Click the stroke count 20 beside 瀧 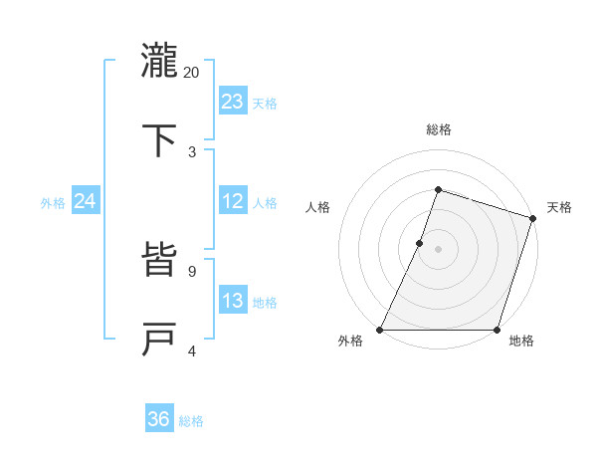[x=192, y=73]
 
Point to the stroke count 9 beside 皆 [x=192, y=271]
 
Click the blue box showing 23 [x=233, y=101]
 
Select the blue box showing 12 [x=233, y=201]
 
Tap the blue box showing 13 [x=233, y=301]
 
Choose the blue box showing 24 [x=86, y=201]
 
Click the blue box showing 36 [x=159, y=419]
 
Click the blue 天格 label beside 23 [x=265, y=104]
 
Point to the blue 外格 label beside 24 [x=53, y=203]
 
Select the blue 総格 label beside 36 [x=191, y=421]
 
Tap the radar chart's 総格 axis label [x=439, y=130]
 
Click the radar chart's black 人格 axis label [x=318, y=207]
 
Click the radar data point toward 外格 [x=380, y=330]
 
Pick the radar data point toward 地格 [x=497, y=330]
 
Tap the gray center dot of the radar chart [x=439, y=249]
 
